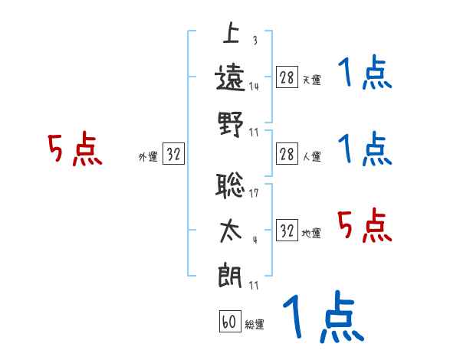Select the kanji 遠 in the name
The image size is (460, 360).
pyautogui.click(x=231, y=77)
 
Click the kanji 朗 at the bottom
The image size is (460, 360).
pyautogui.click(x=231, y=274)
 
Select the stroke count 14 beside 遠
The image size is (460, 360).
pyautogui.click(x=253, y=87)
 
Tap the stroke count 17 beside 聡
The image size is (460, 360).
pyautogui.click(x=253, y=193)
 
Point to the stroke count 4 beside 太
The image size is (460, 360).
pyautogui.click(x=254, y=239)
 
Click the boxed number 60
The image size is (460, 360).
pyautogui.click(x=229, y=322)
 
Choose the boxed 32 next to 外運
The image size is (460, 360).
pyautogui.click(x=173, y=154)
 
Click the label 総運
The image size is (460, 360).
pyautogui.click(x=255, y=325)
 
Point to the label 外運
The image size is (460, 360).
pyautogui.click(x=147, y=157)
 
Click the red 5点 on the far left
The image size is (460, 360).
pyautogui.click(x=75, y=149)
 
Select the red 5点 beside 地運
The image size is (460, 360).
pyautogui.click(x=365, y=226)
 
